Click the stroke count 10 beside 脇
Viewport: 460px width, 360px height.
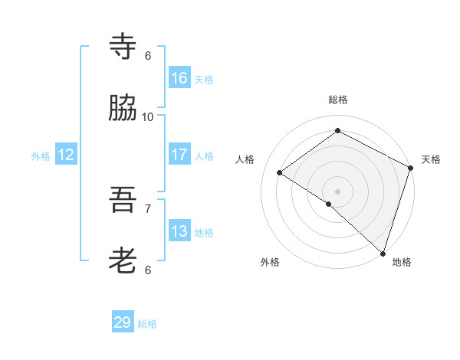[x=148, y=116]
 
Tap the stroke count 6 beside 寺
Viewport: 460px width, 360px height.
[x=148, y=55]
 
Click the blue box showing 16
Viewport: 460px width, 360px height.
[x=179, y=78]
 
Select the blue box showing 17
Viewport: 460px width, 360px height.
[x=179, y=155]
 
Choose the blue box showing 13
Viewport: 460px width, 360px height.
[x=179, y=231]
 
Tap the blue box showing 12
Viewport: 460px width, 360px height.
[x=66, y=155]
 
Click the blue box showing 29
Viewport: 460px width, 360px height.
[x=123, y=322]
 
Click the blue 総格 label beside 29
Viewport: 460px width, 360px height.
[x=147, y=324]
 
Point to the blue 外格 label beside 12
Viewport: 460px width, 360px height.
[x=41, y=156]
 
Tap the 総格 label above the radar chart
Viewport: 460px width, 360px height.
[x=338, y=100]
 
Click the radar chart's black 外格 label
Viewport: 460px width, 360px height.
[x=270, y=262]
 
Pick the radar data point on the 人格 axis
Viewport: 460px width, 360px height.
[x=280, y=172]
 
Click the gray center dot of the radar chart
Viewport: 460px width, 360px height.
[x=338, y=191]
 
